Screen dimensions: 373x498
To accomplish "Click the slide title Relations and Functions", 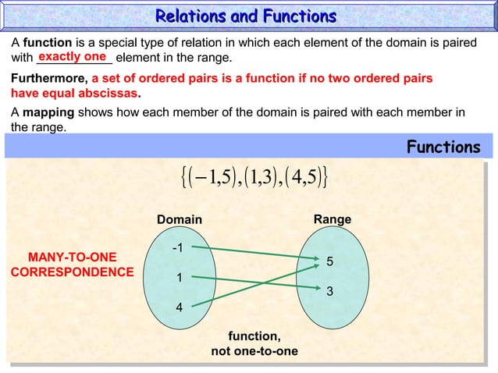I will pos(246,16).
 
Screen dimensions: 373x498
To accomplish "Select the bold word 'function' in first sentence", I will pos(47,43).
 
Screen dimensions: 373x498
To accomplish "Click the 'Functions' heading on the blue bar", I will pos(443,147).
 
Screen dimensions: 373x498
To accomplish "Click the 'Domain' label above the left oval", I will pos(180,221).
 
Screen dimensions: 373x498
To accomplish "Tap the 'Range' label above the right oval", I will pos(332,221).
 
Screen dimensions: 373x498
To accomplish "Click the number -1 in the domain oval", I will pos(178,248).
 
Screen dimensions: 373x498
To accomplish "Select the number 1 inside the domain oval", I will pos(178,277).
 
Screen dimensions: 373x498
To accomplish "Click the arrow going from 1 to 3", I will pos(250,281).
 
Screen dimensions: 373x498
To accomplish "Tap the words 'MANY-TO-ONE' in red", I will pos(71,257).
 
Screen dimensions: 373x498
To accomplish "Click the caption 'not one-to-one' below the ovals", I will pos(254,351).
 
